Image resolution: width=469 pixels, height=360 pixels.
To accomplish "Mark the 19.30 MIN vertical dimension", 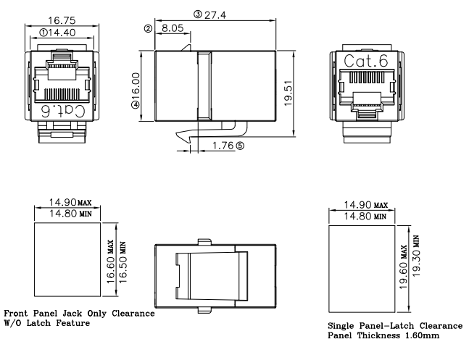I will coord(417,259).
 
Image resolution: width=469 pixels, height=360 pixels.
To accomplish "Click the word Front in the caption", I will coord(17,314).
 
